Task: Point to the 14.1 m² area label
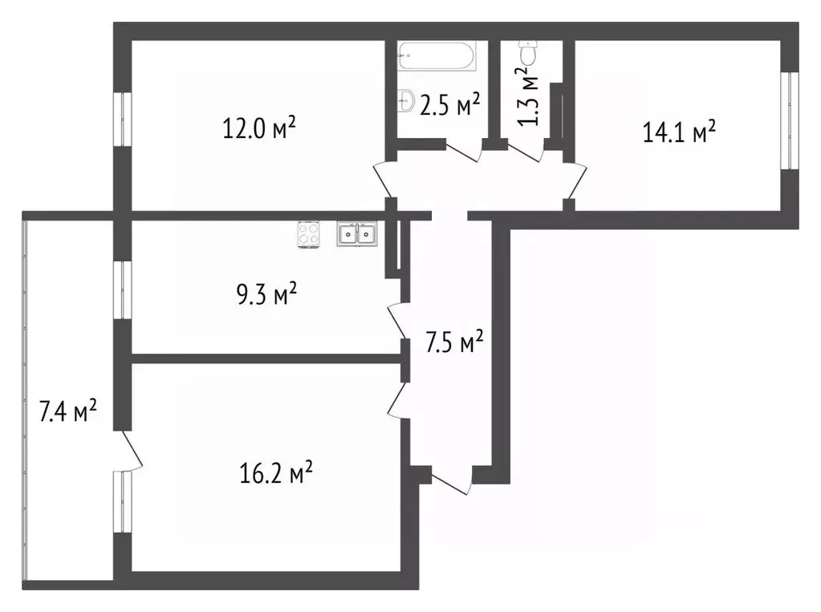click(x=679, y=132)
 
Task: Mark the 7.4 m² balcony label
click(x=68, y=412)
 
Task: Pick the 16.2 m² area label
click(x=275, y=474)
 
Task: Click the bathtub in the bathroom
click(x=437, y=56)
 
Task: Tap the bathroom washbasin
click(x=405, y=101)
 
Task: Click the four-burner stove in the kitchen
click(x=309, y=233)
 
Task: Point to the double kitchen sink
click(x=357, y=233)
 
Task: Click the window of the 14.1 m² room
click(x=791, y=120)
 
